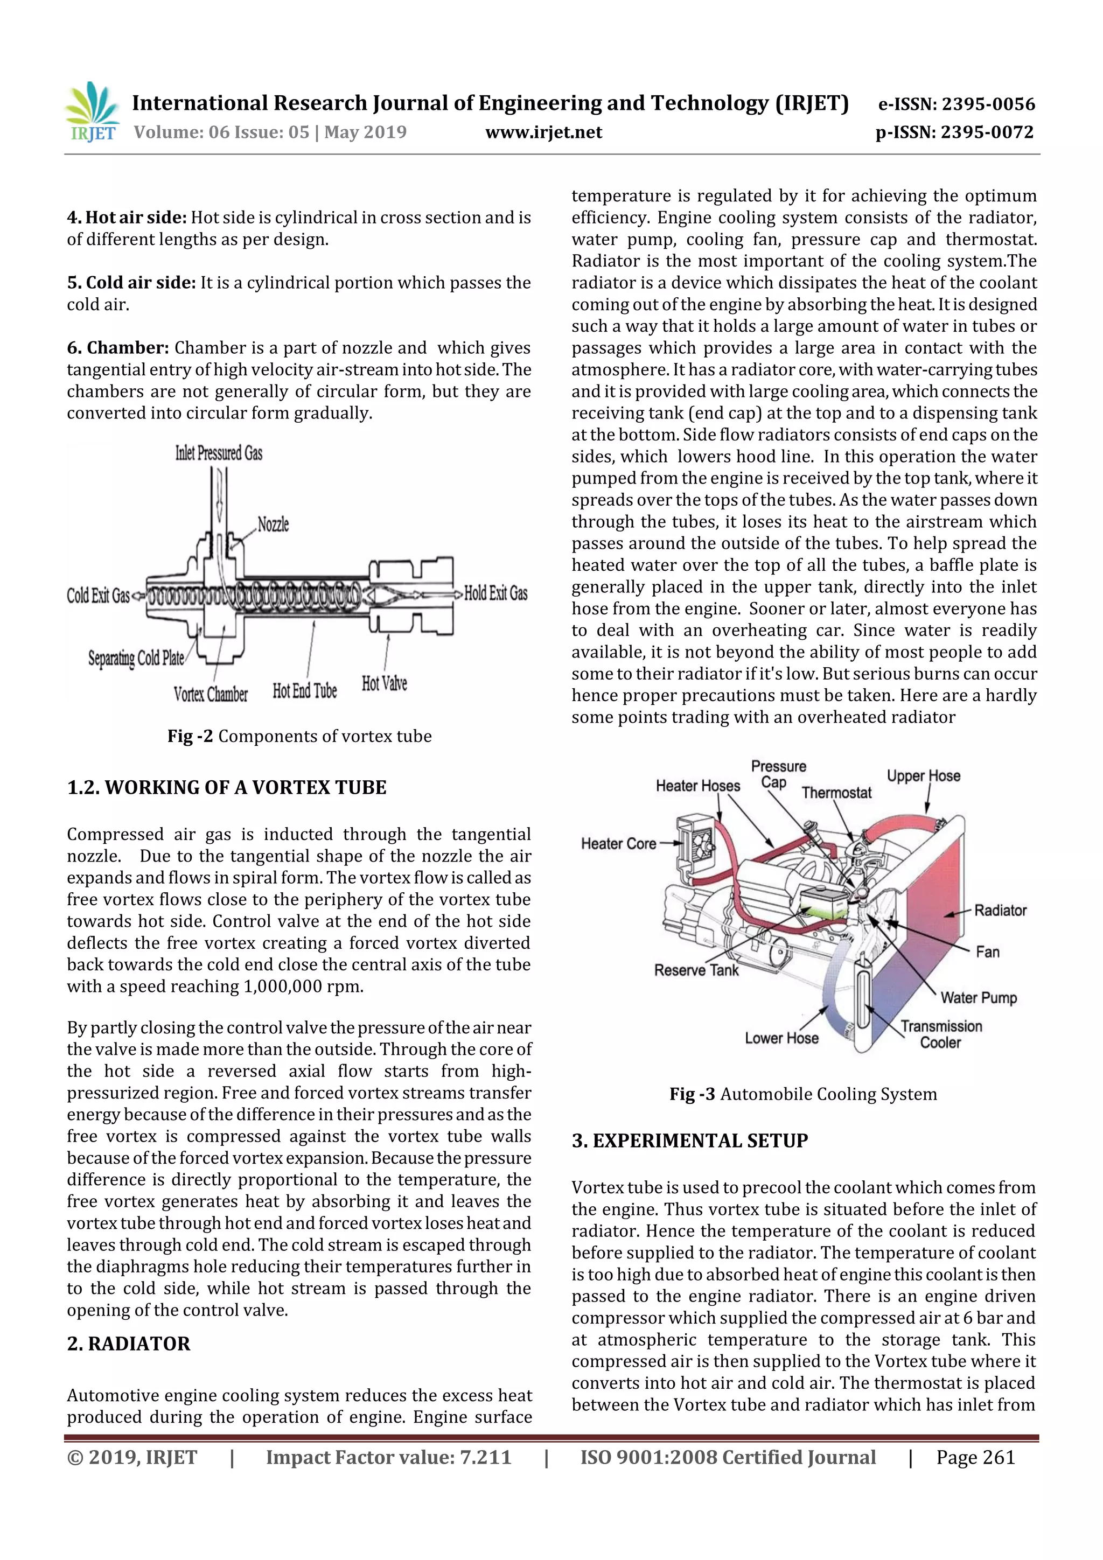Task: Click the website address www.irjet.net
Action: coord(543,132)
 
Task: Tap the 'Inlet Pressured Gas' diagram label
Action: coord(218,453)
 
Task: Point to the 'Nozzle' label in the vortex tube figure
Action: coord(273,524)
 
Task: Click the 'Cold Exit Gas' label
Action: coord(98,596)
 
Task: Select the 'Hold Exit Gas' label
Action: coord(495,593)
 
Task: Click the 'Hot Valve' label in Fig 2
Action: coord(384,683)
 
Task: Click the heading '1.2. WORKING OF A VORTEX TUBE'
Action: coord(226,787)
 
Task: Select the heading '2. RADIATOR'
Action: coord(128,1344)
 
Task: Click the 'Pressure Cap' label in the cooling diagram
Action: coord(778,774)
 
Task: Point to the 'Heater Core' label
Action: coord(618,844)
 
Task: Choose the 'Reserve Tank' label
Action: coord(696,970)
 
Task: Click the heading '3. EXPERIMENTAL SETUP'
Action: coord(690,1141)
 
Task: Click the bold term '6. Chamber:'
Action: coord(117,348)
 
